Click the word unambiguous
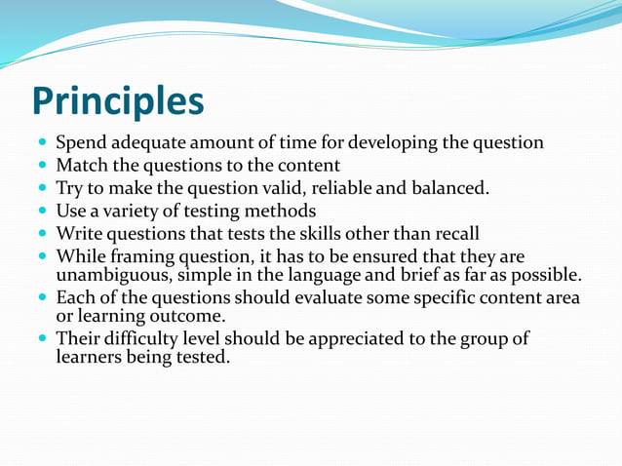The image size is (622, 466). (x=110, y=272)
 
